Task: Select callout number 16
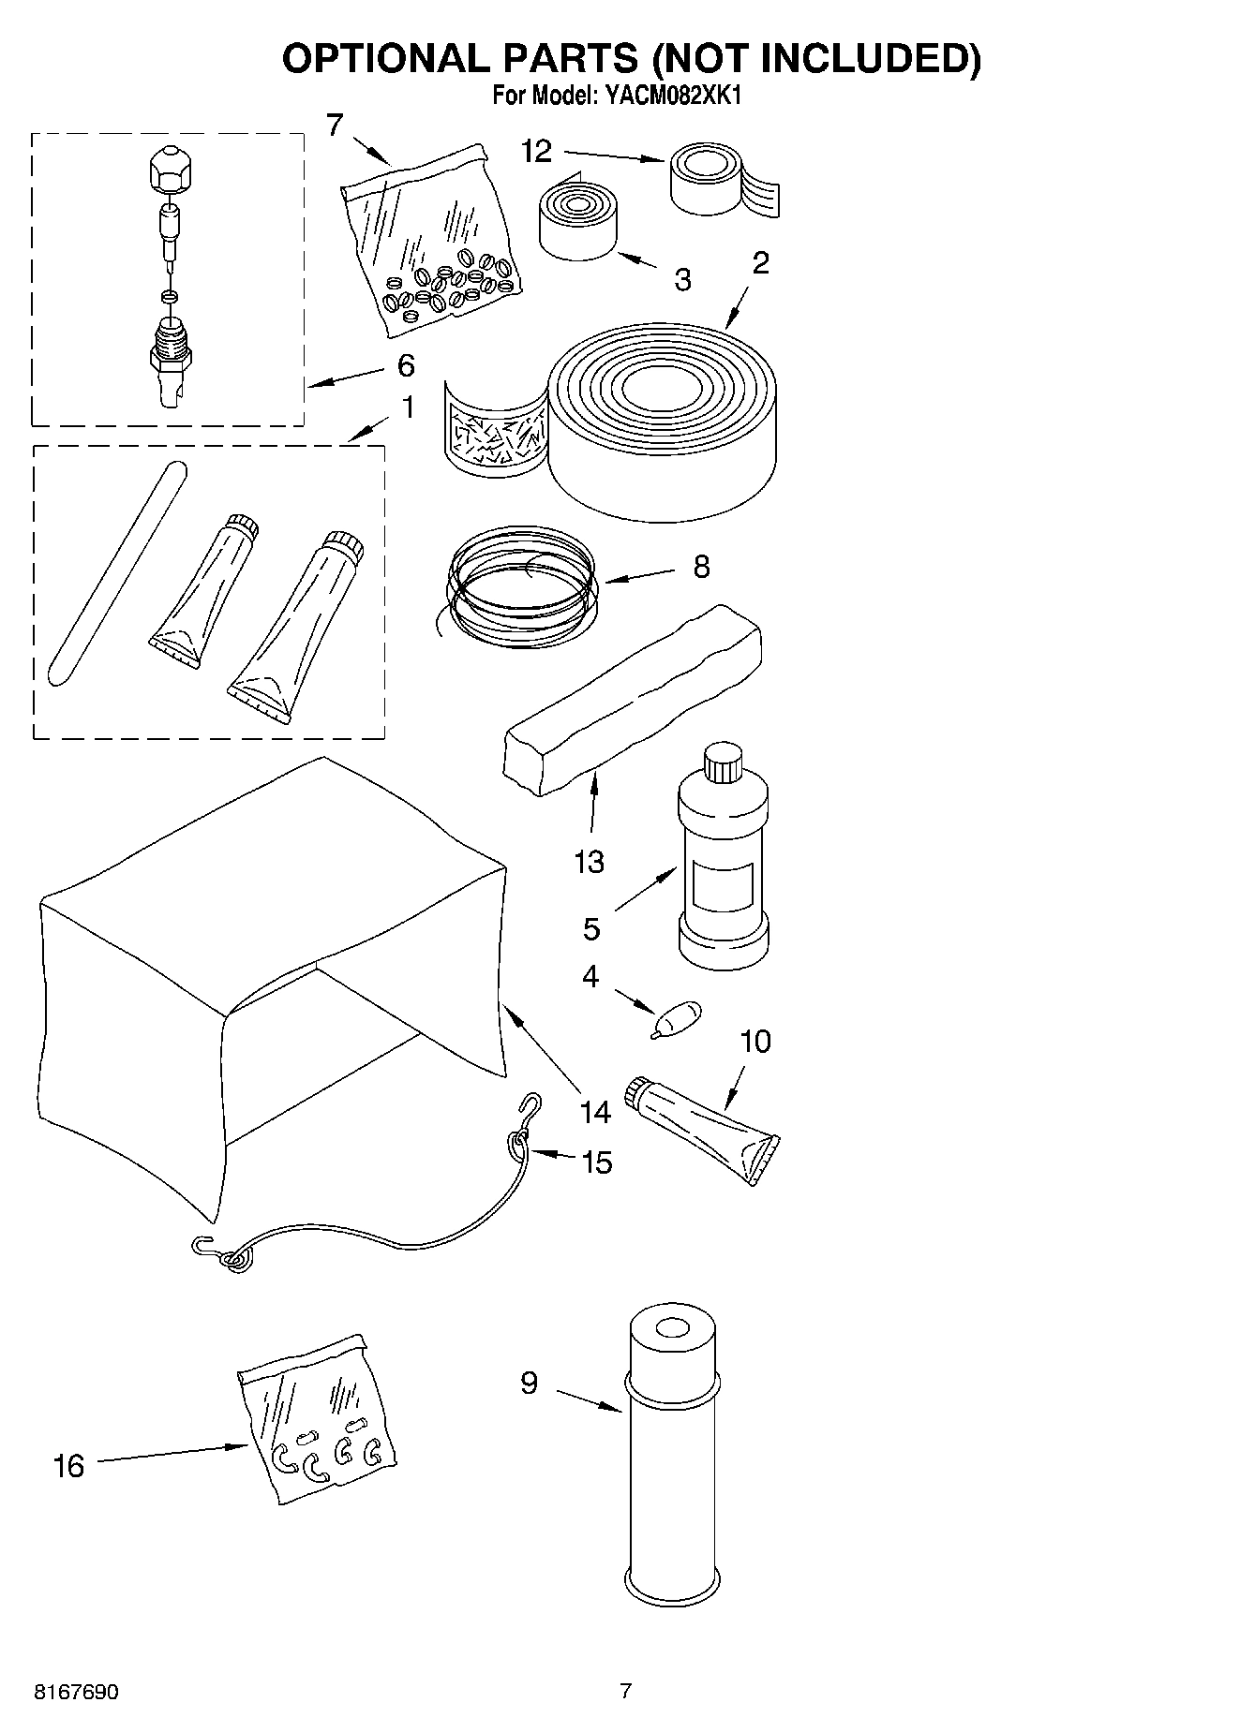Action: pyautogui.click(x=69, y=1466)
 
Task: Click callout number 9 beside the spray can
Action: pyautogui.click(x=530, y=1383)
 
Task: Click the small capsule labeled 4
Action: pyautogui.click(x=680, y=1017)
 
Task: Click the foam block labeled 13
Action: pyautogui.click(x=632, y=699)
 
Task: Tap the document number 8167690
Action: pyautogui.click(x=76, y=1693)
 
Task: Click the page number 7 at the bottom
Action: pyautogui.click(x=626, y=1691)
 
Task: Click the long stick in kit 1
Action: pyautogui.click(x=114, y=574)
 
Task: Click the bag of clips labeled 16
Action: pyautogui.click(x=317, y=1418)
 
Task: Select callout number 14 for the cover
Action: pyautogui.click(x=594, y=1113)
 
